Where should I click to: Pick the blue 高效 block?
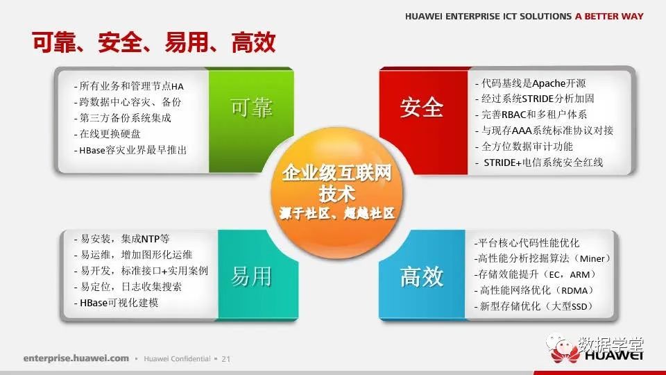click(422, 275)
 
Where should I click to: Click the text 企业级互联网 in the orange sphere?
click(337, 173)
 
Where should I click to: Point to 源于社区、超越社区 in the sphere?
click(337, 213)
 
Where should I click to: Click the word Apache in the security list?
click(549, 83)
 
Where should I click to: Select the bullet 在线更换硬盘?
click(108, 134)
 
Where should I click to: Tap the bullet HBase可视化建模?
click(117, 303)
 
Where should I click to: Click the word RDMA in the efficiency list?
click(574, 291)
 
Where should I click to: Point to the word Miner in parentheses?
click(592, 258)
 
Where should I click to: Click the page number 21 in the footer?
click(226, 359)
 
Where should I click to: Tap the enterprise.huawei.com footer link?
click(76, 358)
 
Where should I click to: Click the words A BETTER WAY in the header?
click(609, 16)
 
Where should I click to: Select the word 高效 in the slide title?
click(254, 42)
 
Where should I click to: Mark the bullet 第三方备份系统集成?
click(123, 118)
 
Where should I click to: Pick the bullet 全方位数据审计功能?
click(524, 147)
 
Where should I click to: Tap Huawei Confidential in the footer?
click(177, 359)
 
